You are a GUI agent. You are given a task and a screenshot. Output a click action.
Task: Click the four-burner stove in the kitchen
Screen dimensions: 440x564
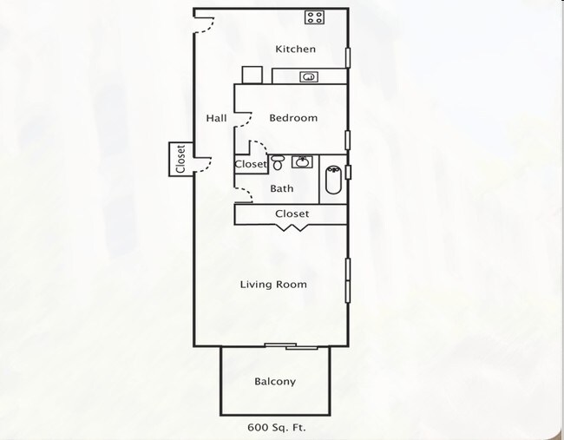point(314,17)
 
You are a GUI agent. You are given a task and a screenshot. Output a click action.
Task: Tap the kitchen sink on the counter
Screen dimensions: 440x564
point(307,77)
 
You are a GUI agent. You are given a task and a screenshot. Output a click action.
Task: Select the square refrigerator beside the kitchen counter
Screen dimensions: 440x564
point(252,75)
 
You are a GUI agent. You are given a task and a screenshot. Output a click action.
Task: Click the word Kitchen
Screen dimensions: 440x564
point(295,49)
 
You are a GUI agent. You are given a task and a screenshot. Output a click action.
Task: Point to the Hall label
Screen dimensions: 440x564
point(216,118)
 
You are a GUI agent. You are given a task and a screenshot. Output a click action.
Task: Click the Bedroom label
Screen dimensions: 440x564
point(292,118)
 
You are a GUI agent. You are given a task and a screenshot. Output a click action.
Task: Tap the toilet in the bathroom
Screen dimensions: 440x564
point(278,162)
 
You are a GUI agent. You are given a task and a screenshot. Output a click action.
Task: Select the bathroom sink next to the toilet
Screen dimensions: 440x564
point(302,161)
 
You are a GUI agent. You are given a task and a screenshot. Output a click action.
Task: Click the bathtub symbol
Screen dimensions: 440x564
point(333,179)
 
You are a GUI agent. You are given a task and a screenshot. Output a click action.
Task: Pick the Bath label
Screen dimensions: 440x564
point(281,188)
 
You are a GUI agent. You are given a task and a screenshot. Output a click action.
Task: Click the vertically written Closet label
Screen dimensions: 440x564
point(180,160)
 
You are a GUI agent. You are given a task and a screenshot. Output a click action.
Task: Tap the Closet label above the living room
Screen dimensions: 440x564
point(292,213)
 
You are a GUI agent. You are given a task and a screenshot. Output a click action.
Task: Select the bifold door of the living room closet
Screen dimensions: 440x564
point(291,227)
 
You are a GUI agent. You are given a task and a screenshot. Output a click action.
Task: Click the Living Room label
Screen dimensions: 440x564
point(272,285)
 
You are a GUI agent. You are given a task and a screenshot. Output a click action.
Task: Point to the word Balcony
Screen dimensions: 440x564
point(274,382)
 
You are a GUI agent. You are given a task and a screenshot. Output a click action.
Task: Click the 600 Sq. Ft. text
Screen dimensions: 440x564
point(275,427)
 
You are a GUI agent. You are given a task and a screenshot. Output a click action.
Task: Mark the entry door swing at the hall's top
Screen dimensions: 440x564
point(204,22)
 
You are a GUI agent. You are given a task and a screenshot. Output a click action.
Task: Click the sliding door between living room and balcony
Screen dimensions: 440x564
point(291,345)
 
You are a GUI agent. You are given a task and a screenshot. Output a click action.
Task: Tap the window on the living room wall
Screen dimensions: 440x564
point(347,279)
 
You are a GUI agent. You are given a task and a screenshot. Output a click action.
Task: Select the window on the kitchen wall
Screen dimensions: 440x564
point(347,57)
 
